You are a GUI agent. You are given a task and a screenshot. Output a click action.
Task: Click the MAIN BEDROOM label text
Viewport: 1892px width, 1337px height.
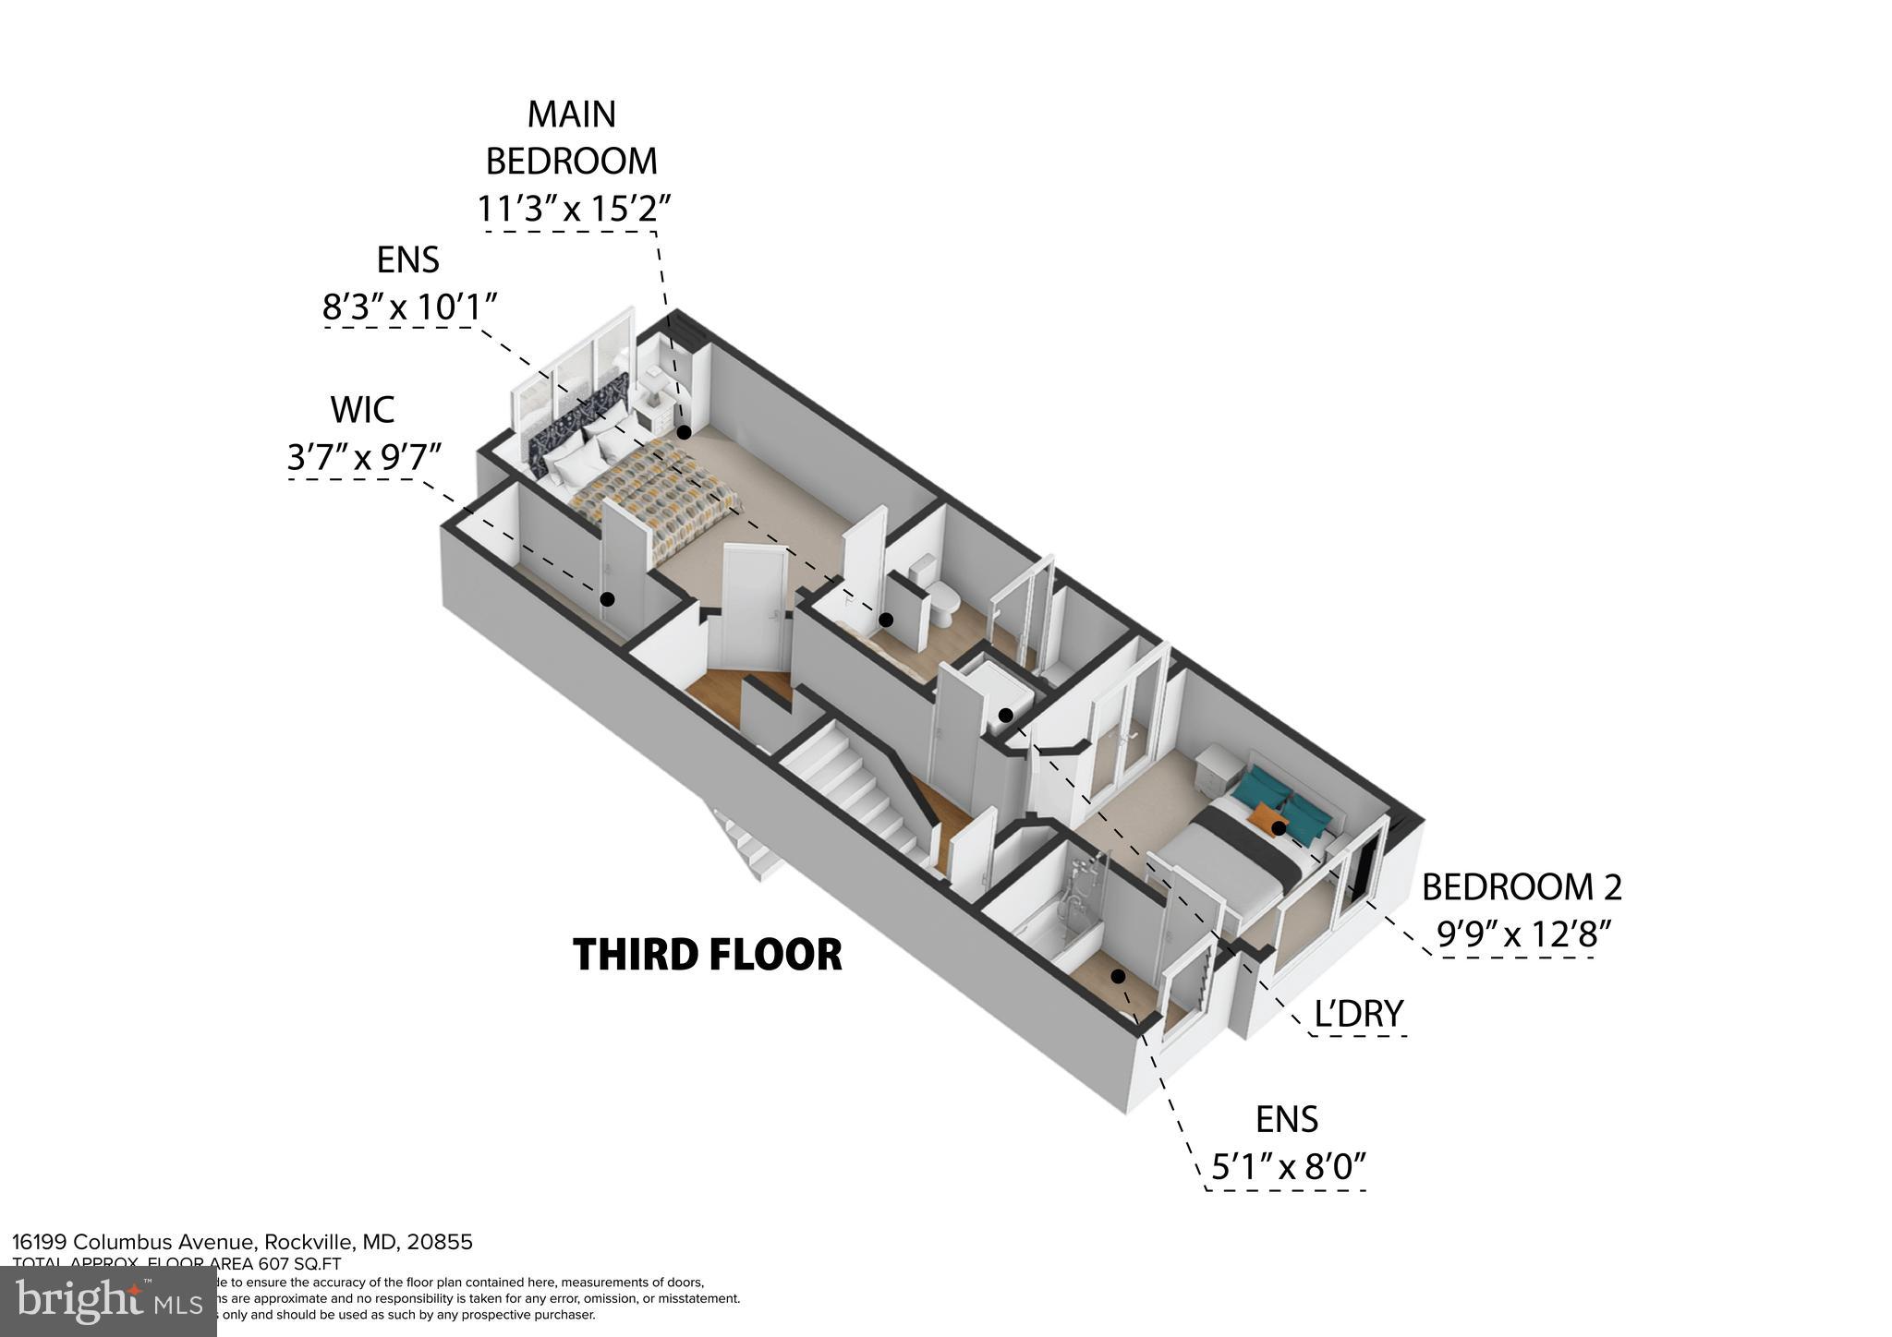[x=571, y=138]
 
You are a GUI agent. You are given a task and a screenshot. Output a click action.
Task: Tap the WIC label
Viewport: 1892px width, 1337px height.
[x=362, y=410]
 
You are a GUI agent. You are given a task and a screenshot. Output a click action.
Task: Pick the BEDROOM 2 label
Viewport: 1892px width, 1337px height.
[x=1521, y=887]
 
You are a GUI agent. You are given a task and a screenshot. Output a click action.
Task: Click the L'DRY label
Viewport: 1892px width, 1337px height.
[x=1358, y=1014]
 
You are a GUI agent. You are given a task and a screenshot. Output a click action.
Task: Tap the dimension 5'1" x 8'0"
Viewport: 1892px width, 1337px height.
[x=1288, y=1168]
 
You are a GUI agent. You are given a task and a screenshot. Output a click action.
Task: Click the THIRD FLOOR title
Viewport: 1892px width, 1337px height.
[x=707, y=955]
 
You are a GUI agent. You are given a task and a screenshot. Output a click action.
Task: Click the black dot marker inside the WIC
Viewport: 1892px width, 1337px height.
[x=607, y=599]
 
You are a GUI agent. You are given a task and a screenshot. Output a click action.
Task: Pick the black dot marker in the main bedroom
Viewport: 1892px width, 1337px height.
[x=684, y=432]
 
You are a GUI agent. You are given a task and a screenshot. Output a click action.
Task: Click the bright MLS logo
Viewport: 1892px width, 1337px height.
[x=109, y=1301]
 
